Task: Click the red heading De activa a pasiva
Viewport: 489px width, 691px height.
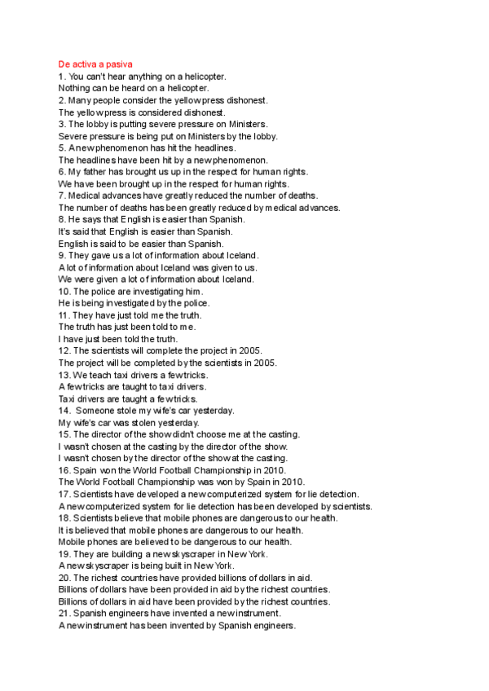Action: click(96, 64)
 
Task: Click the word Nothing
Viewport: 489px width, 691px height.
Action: click(74, 87)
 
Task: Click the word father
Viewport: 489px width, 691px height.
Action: click(94, 172)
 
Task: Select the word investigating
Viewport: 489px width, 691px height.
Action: click(152, 291)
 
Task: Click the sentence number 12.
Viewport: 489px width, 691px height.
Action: click(64, 350)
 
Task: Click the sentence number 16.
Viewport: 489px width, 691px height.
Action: click(64, 470)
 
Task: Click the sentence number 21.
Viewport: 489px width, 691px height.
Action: click(64, 613)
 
